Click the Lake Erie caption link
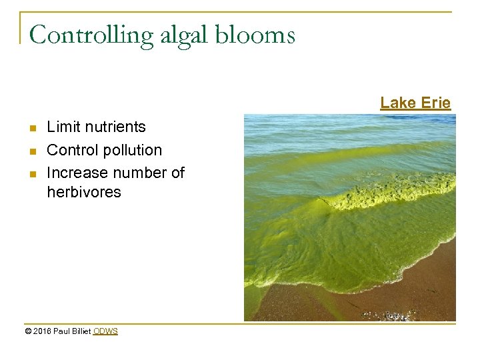coord(415,103)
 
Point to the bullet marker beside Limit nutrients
coord(32,127)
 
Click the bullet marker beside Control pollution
coord(32,151)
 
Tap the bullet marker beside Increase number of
coord(32,173)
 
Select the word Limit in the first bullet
coord(61,127)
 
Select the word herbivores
coord(84,192)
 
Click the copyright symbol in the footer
coord(28,331)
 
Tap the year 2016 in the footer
coord(41,331)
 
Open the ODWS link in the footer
coord(105,331)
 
